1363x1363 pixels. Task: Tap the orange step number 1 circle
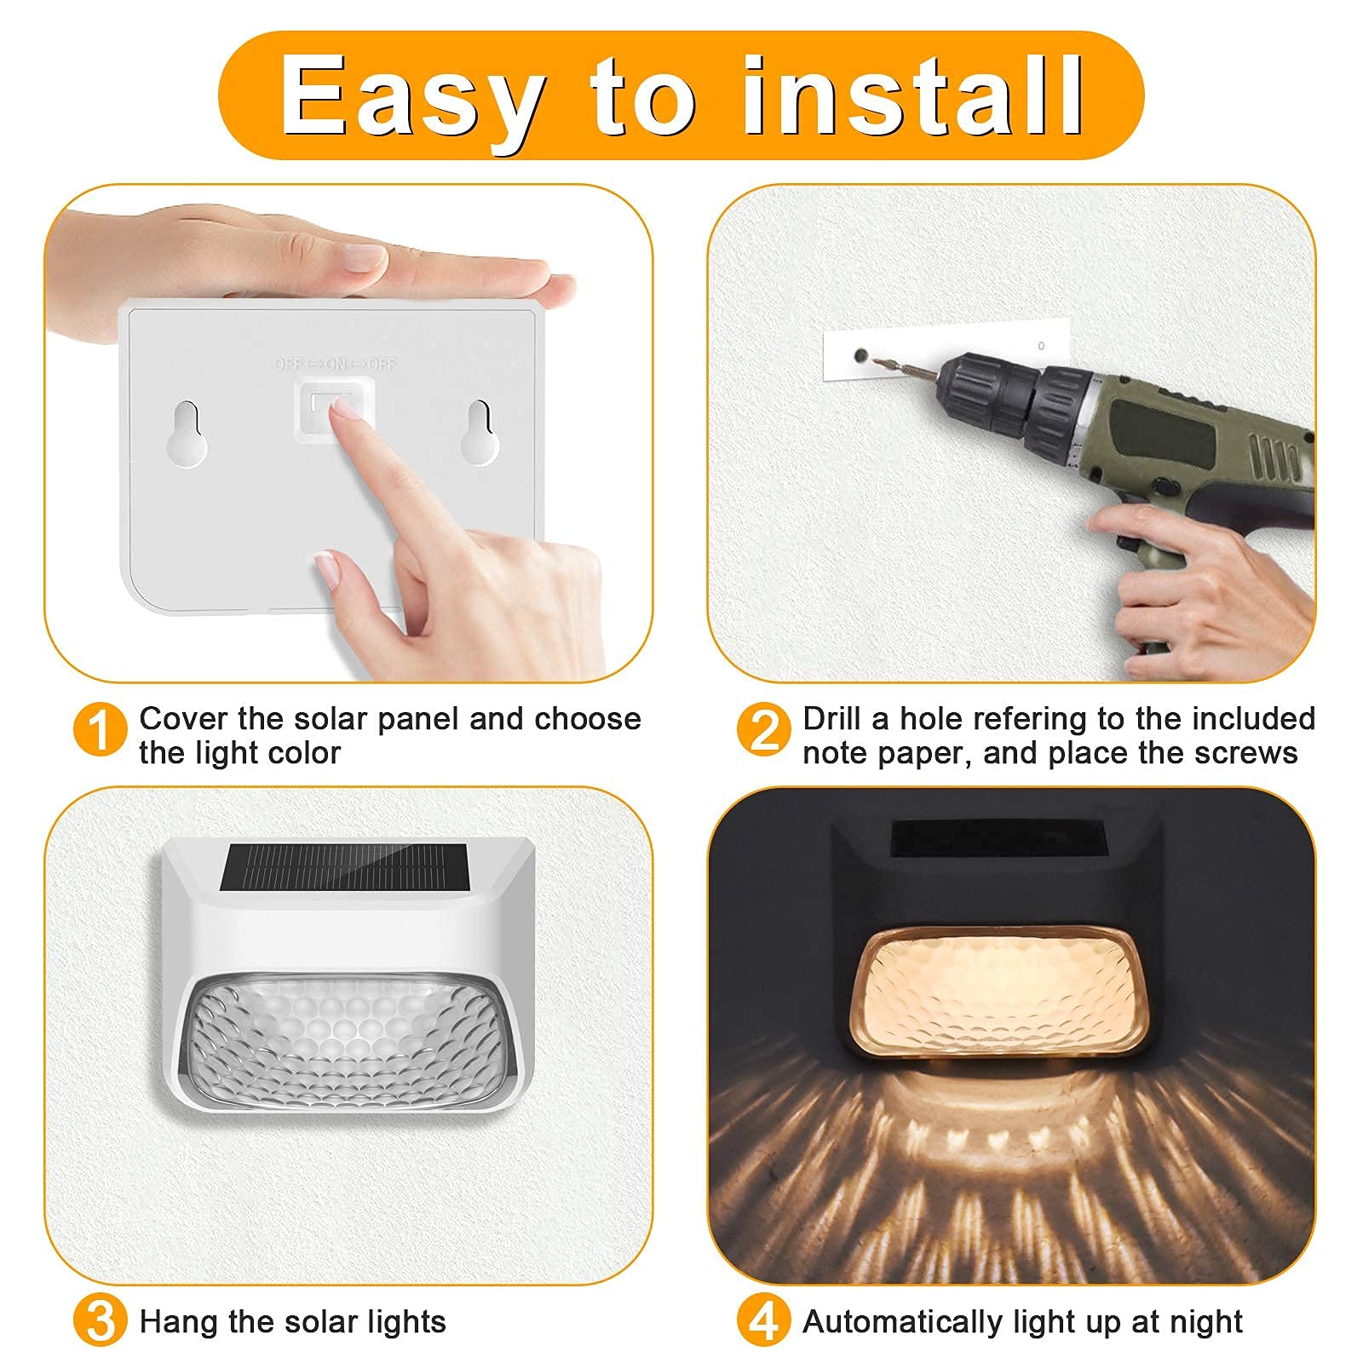[x=101, y=730]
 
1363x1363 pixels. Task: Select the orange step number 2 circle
[x=763, y=730]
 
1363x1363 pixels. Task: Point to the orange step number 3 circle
[x=101, y=1321]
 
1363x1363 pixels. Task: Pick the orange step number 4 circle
[x=763, y=1321]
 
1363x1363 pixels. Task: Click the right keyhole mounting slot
[x=480, y=432]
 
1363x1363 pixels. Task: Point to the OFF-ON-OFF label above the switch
[x=335, y=365]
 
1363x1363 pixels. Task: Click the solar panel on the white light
[x=344, y=868]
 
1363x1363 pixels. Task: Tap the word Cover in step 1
[x=184, y=719]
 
